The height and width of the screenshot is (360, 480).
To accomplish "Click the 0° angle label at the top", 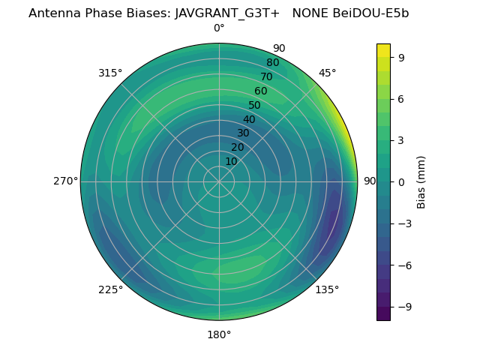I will [219, 28].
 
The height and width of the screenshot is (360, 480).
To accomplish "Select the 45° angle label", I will [327, 73].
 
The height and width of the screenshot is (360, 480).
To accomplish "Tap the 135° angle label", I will [327, 289].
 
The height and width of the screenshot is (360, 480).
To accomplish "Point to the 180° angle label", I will [219, 334].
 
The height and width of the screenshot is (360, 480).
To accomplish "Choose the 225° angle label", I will [110, 289].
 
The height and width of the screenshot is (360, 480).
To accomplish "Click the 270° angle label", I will [65, 181].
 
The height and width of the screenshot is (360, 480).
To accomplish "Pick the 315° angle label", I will [110, 73].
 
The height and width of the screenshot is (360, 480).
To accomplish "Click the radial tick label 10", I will [231, 161].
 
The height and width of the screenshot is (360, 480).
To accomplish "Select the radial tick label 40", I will [249, 119].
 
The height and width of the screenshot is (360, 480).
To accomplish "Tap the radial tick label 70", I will [266, 76].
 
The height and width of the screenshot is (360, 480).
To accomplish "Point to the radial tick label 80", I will [272, 62].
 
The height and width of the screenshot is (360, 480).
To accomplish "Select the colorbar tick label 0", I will [401, 181].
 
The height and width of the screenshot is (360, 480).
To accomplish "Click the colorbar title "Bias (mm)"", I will [421, 181].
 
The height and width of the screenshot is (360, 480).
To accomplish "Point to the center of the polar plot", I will [219, 181].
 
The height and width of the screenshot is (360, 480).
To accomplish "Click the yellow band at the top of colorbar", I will [383, 49].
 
